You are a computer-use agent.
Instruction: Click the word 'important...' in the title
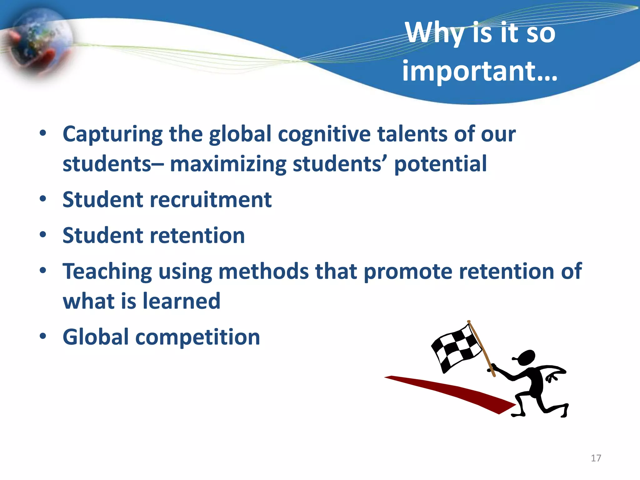click(x=479, y=71)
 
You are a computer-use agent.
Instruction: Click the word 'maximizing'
click(x=228, y=164)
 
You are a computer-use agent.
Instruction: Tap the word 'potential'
click(x=440, y=164)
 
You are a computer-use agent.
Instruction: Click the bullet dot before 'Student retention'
click(x=43, y=234)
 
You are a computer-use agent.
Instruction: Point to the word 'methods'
click(x=263, y=271)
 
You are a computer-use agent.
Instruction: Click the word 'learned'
click(x=182, y=301)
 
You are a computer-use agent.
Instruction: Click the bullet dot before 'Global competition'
click(x=43, y=336)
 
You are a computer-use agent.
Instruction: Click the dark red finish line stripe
click(x=453, y=391)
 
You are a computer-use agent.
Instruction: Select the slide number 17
click(x=596, y=458)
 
